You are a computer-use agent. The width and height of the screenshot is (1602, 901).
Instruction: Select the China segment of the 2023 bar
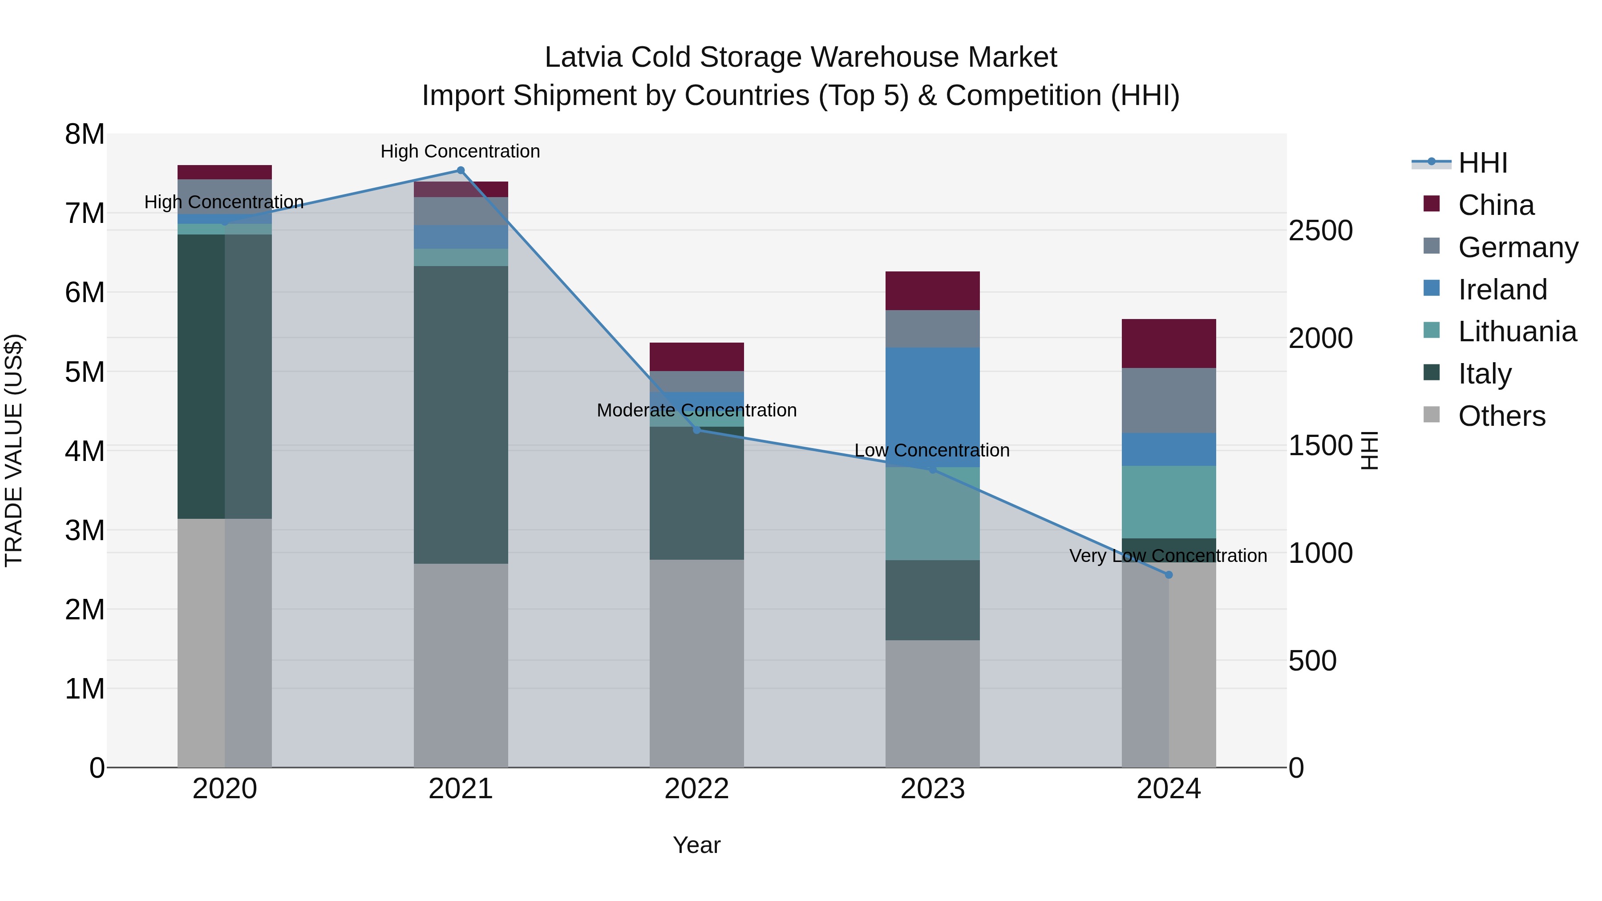(x=932, y=291)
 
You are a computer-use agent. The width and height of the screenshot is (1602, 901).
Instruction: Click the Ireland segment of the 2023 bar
(x=932, y=407)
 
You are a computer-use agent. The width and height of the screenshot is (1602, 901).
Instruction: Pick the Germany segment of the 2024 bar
(x=1169, y=400)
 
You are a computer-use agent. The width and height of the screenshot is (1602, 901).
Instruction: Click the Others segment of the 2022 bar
(x=696, y=663)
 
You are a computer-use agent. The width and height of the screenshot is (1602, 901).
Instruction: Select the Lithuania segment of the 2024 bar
(x=1169, y=502)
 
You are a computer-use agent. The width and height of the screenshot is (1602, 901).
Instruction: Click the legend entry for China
(x=1495, y=205)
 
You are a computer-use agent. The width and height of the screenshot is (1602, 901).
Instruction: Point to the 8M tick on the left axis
(x=85, y=134)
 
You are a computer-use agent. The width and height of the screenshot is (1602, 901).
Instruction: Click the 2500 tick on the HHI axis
(x=1320, y=230)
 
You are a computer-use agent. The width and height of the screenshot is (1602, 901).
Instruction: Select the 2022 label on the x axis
(x=696, y=789)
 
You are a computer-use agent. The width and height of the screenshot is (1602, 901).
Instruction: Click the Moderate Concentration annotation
(x=696, y=410)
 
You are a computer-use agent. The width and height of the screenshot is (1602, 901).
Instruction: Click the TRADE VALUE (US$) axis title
(x=14, y=450)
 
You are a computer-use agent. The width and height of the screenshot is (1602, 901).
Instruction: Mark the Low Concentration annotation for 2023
(x=931, y=450)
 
